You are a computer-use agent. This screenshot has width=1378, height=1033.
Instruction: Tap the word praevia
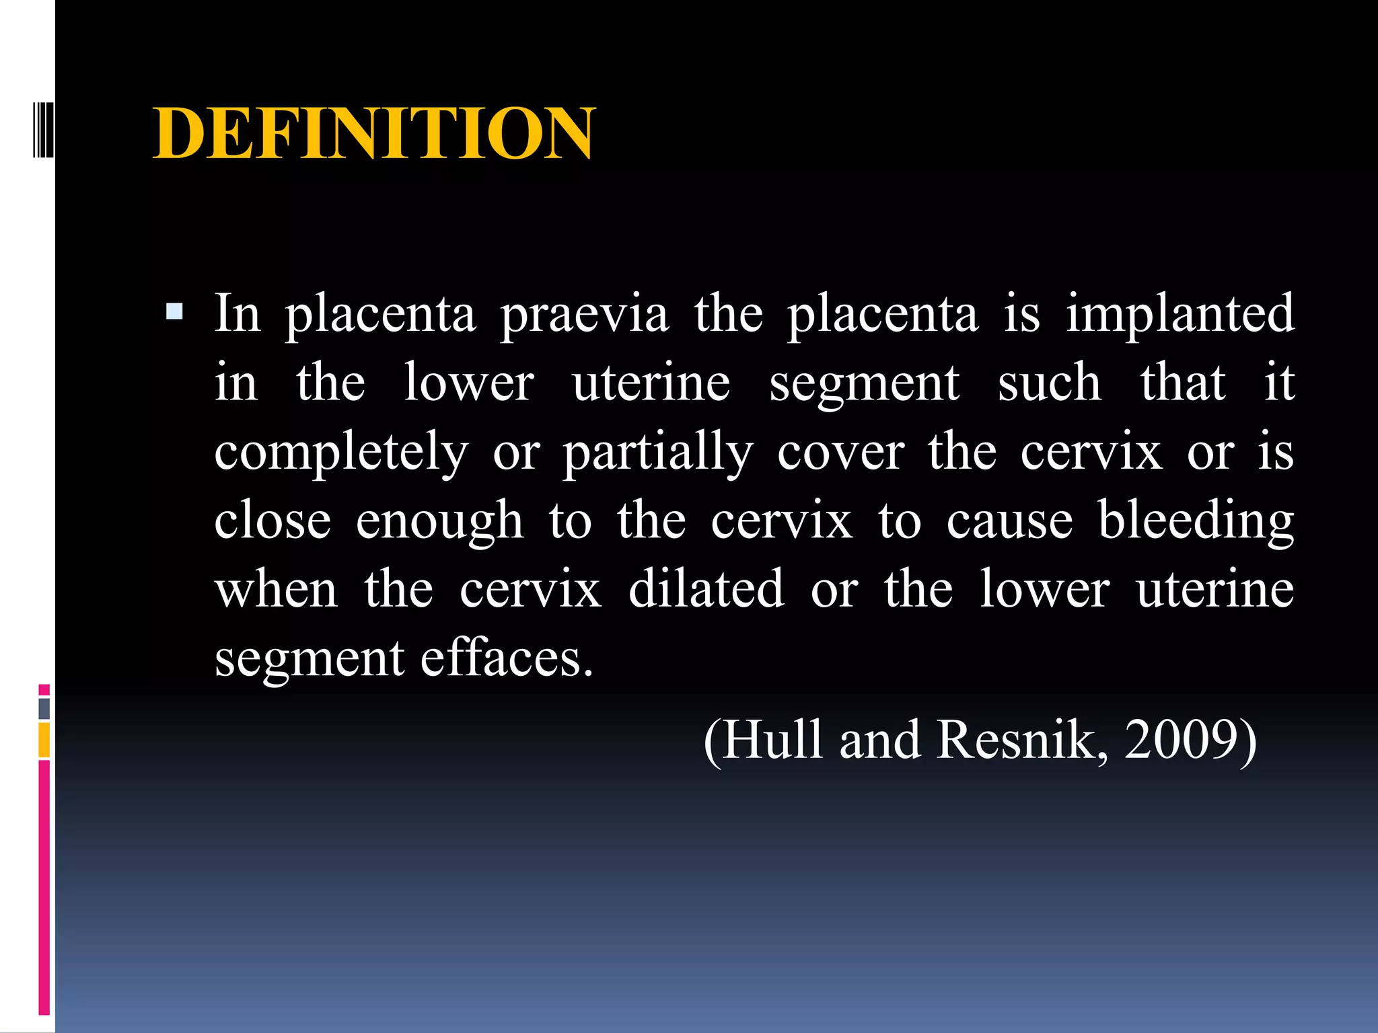tap(584, 314)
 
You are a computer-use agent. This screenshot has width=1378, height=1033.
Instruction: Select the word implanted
tap(1180, 314)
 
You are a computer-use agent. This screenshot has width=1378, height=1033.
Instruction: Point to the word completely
tap(341, 452)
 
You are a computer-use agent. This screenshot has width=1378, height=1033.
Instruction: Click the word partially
tap(658, 452)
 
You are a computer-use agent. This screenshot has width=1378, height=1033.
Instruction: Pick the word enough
tap(439, 521)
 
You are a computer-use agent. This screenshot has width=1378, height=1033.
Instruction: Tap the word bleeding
tap(1196, 521)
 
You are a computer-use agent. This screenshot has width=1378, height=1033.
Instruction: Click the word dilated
tap(706, 589)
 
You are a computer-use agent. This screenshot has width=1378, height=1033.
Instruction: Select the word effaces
tap(507, 658)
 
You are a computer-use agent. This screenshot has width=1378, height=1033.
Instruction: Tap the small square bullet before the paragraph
tap(174, 311)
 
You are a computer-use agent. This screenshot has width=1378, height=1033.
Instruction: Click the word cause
tap(1009, 521)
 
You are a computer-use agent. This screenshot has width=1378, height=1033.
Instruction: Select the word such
tap(1049, 383)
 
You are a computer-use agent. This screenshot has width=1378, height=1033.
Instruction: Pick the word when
tap(276, 589)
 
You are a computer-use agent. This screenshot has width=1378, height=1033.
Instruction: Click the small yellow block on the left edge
tap(44, 740)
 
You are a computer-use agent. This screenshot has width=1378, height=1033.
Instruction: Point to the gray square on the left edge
tap(44, 708)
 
